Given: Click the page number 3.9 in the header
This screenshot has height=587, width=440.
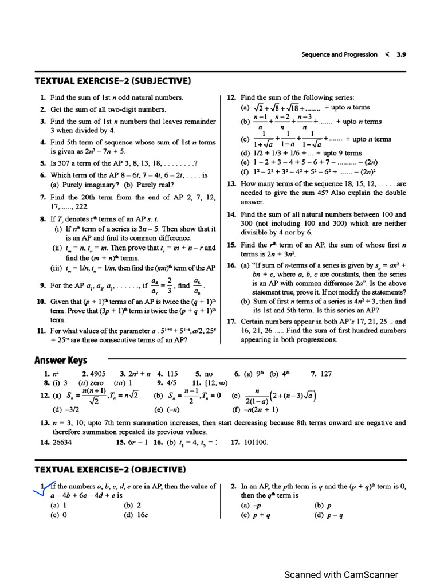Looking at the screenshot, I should [x=401, y=54].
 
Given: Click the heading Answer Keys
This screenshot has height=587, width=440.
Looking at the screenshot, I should [x=61, y=360].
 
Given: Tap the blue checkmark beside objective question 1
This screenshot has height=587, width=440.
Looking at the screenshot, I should [x=45, y=487].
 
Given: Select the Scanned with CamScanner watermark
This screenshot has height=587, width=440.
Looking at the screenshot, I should [x=341, y=574].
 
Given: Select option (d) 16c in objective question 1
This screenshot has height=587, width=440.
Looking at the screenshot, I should [x=136, y=514].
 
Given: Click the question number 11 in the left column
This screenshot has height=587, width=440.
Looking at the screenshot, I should [x=41, y=331].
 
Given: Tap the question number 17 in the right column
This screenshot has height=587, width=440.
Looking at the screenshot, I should [x=231, y=321].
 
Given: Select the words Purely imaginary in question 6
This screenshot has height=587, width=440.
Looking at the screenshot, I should [x=91, y=185].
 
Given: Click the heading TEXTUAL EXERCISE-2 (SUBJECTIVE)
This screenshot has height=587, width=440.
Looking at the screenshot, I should [x=113, y=80].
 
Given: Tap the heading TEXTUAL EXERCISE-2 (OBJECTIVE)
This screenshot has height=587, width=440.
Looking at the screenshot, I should [x=111, y=469].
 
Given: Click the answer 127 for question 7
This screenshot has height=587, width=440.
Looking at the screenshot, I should [x=325, y=373].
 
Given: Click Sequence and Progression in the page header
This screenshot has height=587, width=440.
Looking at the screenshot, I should [x=339, y=54].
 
